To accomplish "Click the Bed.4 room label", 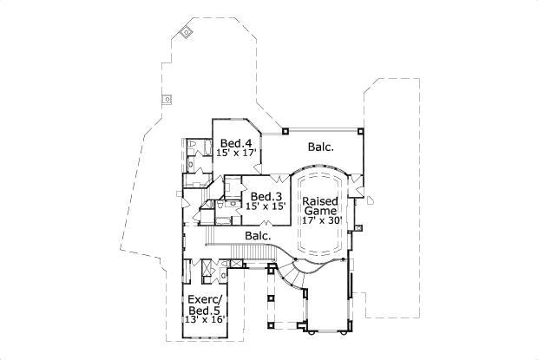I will click(x=235, y=143).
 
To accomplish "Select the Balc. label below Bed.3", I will click(x=258, y=235).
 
